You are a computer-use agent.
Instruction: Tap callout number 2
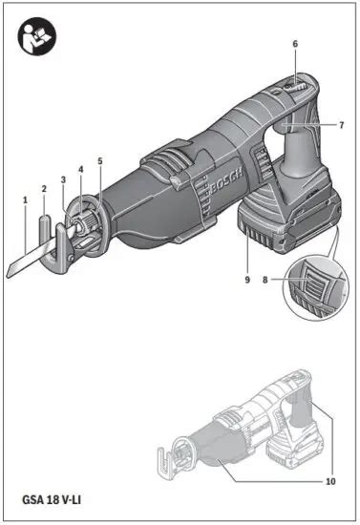click(45, 188)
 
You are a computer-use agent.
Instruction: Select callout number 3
click(63, 178)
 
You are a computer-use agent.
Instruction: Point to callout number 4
click(80, 170)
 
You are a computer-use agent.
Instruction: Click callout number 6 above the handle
click(295, 44)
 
